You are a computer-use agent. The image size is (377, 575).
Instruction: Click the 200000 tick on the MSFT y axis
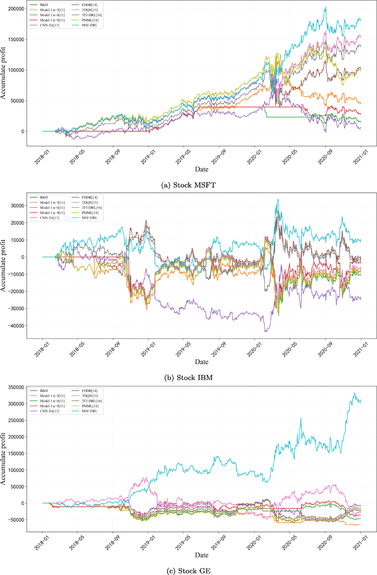click(x=16, y=9)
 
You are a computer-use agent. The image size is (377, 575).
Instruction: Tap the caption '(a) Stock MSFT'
click(x=188, y=185)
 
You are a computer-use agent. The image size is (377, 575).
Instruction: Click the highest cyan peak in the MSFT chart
click(x=325, y=7)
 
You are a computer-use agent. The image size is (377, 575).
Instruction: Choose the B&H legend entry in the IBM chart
click(x=44, y=198)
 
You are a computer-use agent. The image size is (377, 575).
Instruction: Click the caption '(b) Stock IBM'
click(x=188, y=377)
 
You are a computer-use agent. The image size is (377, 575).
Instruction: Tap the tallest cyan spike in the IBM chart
click(x=278, y=200)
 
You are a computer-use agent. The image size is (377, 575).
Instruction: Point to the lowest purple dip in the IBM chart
click(x=265, y=331)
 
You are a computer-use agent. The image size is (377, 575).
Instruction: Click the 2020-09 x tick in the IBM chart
click(x=325, y=349)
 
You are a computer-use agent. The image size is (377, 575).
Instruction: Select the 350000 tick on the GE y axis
click(x=16, y=387)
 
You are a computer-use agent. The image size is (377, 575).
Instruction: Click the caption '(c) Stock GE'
click(x=188, y=571)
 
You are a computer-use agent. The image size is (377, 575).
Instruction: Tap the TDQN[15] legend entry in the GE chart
click(x=90, y=396)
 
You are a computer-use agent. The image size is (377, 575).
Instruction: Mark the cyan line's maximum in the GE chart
click(x=354, y=393)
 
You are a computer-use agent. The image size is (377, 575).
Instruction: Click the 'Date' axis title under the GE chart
click(x=201, y=555)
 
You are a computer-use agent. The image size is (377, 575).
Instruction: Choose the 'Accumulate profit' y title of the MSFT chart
click(x=3, y=73)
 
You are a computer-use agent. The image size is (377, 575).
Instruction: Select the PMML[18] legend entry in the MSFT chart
click(x=90, y=20)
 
